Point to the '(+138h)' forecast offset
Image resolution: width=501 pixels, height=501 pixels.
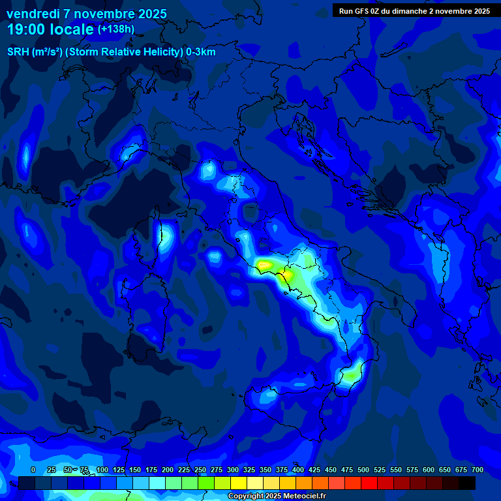point(116,29)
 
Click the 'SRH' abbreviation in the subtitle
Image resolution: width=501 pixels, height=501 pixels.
point(18,52)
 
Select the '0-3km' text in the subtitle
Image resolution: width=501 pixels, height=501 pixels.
point(201,52)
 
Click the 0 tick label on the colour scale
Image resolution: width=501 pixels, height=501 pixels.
point(33,470)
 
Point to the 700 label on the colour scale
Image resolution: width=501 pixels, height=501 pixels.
point(477,470)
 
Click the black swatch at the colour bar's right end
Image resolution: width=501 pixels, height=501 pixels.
point(467,483)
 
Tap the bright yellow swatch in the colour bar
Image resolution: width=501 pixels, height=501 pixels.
point(239,483)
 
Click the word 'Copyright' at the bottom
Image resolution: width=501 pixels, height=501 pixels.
point(247,496)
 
